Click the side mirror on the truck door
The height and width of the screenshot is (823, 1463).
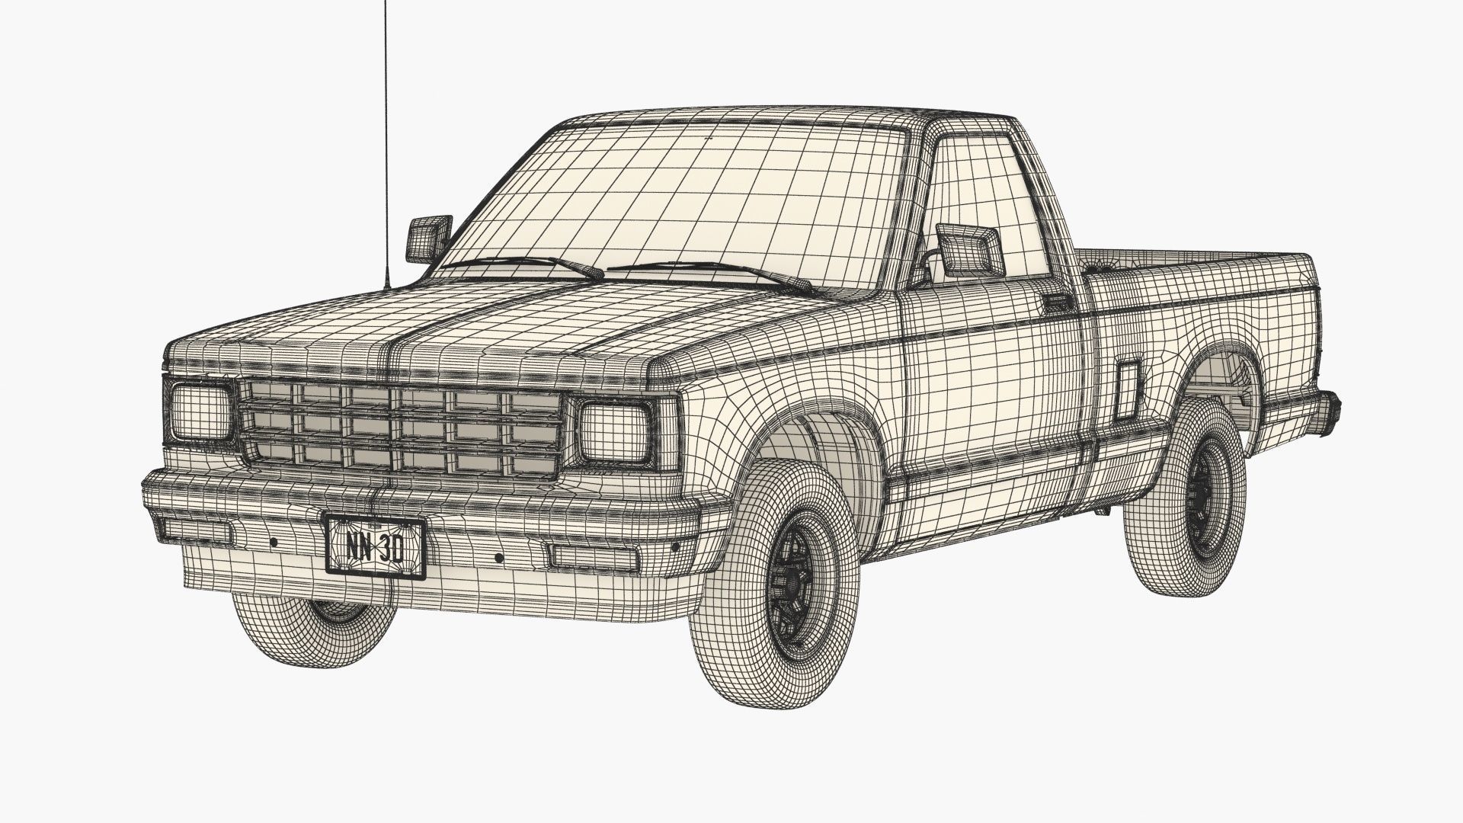968,248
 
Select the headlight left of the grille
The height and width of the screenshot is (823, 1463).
200,412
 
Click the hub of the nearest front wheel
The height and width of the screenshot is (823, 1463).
792,583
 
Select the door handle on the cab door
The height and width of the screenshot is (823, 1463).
1058,303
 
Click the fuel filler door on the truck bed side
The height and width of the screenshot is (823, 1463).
1126,391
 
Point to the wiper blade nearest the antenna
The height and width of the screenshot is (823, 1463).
526,264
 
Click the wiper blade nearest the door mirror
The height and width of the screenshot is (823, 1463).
716,271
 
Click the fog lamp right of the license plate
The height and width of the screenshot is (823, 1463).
594,557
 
